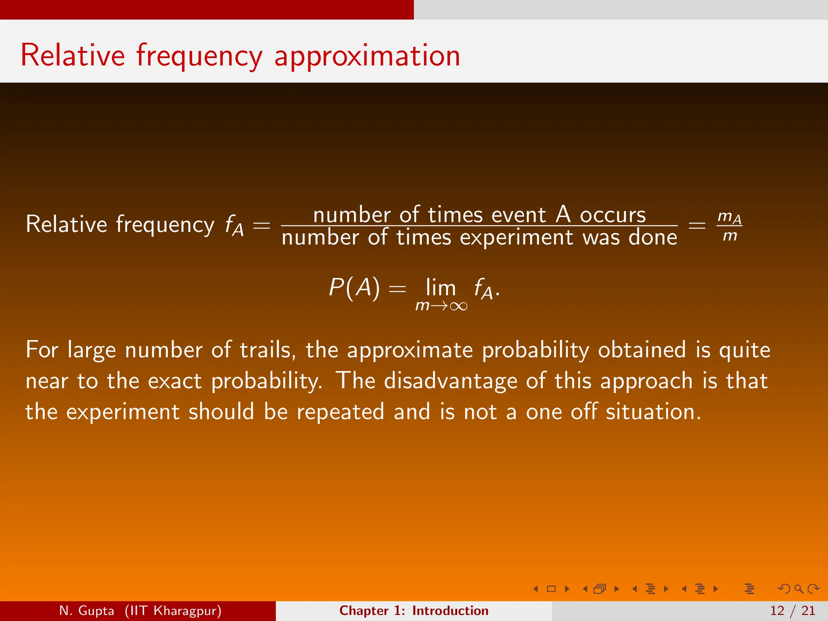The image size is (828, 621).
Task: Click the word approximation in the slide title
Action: (367, 56)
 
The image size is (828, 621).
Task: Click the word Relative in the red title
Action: (73, 55)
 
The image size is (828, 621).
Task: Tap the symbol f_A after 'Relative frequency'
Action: (234, 225)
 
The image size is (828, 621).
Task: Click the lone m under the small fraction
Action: (730, 235)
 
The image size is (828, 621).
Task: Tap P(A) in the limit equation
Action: (354, 288)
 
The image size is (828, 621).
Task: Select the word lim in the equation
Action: (441, 288)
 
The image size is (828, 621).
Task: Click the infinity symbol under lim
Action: (458, 306)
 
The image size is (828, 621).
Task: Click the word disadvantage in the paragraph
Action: (450, 381)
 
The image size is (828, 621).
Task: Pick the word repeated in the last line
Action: (340, 412)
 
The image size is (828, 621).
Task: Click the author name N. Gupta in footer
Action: (87, 610)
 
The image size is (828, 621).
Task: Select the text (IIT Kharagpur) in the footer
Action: (173, 610)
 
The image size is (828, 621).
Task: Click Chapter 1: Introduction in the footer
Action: (414, 610)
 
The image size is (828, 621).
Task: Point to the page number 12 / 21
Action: (792, 610)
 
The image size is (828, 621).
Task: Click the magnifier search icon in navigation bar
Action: (798, 589)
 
